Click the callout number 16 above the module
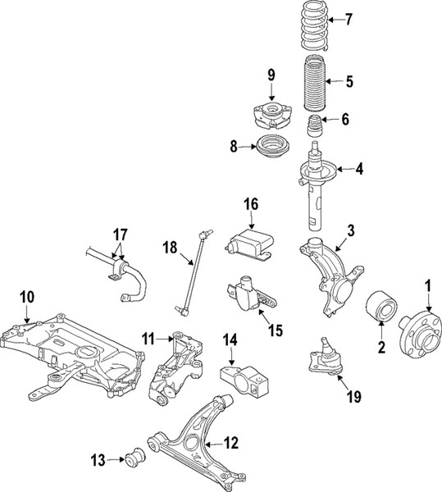(x=249, y=203)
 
